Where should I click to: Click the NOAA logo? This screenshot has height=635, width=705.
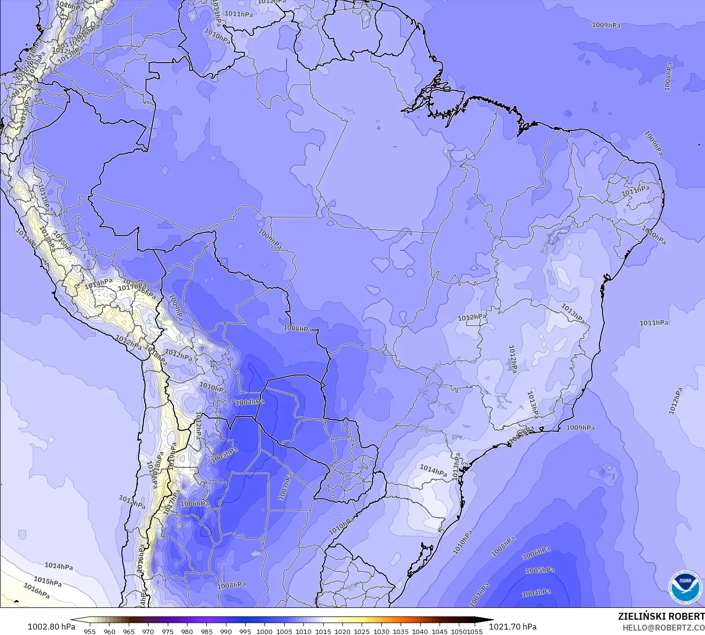tap(685, 586)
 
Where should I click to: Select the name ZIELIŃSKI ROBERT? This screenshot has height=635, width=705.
tap(661, 617)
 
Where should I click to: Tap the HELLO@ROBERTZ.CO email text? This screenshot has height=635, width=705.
tap(663, 628)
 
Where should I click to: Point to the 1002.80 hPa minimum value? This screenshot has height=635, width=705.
tap(51, 627)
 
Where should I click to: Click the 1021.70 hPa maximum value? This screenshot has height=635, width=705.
tap(513, 627)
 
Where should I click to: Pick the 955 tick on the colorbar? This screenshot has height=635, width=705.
tap(90, 631)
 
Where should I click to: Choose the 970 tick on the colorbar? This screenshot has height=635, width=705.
tap(148, 631)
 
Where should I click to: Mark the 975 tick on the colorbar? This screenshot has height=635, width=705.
tap(167, 631)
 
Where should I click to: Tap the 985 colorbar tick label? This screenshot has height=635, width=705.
tap(206, 631)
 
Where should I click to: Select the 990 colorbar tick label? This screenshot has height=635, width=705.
tap(226, 631)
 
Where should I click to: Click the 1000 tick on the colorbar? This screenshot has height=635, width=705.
tap(264, 631)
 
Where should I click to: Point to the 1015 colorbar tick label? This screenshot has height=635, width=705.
tap(323, 631)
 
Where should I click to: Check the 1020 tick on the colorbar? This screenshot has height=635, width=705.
tap(342, 631)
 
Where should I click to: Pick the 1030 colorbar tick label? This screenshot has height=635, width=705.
tap(381, 631)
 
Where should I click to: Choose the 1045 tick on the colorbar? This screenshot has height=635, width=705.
tap(439, 631)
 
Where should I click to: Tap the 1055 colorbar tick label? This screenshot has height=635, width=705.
tap(475, 631)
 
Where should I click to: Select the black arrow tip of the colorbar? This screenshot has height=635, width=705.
tap(491, 620)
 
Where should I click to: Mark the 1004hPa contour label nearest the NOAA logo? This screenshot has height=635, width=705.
tap(536, 593)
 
